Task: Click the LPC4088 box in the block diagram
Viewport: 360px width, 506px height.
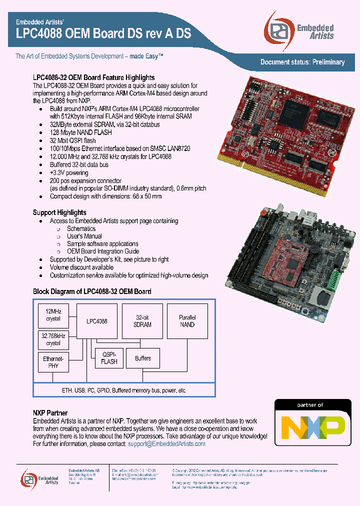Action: pos(96,321)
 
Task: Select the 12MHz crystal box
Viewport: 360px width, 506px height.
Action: pos(53,315)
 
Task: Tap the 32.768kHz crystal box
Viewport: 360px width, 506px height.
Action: pos(53,340)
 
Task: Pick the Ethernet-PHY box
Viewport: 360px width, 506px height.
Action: pos(53,362)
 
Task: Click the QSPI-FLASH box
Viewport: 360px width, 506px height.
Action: pos(109,358)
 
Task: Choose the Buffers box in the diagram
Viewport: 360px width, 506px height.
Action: pos(142,358)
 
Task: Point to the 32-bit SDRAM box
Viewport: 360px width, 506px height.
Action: pos(143,321)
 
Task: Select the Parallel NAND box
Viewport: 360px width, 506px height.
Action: pos(187,321)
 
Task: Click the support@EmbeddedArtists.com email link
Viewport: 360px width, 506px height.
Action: pos(166,443)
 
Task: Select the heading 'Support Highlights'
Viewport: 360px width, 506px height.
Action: pos(59,212)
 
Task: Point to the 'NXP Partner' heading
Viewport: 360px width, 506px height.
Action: pos(50,413)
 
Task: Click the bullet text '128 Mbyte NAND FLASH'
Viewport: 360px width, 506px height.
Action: pos(81,132)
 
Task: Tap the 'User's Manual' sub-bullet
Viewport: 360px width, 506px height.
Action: pos(84,236)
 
